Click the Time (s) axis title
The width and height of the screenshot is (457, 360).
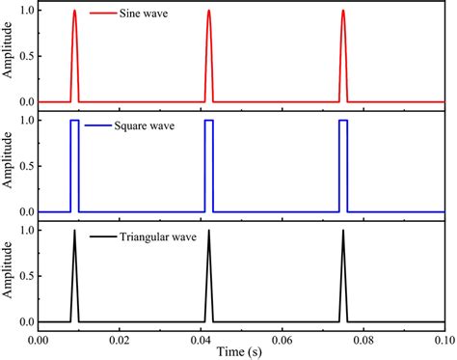pos(240,350)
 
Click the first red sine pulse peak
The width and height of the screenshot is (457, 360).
pos(74,12)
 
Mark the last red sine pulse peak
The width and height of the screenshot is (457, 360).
pos(342,12)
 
